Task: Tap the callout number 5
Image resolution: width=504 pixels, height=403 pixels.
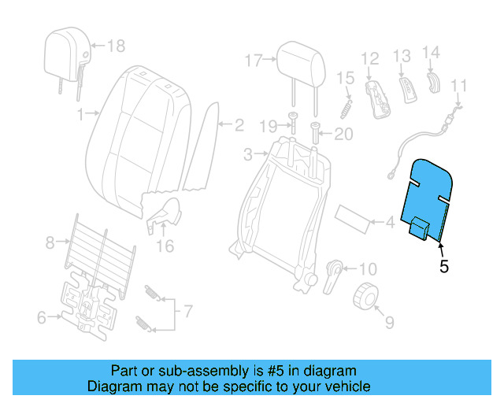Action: [x=444, y=267]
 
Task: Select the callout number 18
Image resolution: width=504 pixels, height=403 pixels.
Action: [x=116, y=46]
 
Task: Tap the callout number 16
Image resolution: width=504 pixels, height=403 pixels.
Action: [x=164, y=246]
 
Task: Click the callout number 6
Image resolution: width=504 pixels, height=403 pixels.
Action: [x=42, y=317]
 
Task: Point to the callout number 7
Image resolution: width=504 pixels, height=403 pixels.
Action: [x=187, y=312]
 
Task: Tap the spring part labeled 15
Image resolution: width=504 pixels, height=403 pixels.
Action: [x=345, y=105]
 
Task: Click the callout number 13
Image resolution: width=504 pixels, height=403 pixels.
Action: [x=402, y=56]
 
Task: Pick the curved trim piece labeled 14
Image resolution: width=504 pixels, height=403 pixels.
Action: [x=433, y=82]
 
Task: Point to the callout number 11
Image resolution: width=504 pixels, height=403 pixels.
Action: [x=459, y=86]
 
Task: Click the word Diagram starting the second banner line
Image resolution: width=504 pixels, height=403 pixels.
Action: [x=111, y=386]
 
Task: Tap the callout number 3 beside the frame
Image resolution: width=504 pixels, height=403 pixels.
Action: [x=247, y=153]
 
